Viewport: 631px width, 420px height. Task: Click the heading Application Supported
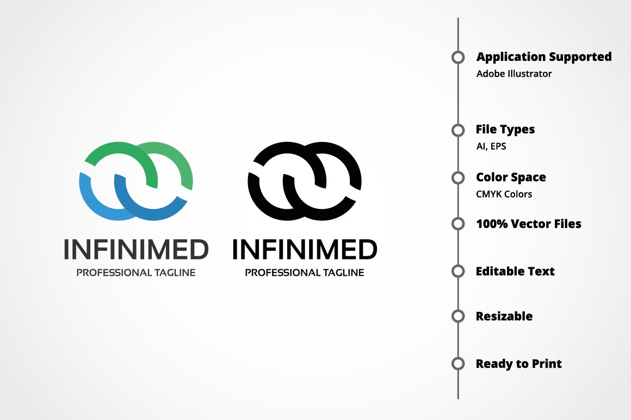click(544, 57)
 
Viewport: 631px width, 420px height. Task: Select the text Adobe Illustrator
click(514, 73)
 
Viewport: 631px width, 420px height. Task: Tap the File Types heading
click(505, 129)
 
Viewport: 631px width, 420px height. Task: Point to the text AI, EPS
click(491, 146)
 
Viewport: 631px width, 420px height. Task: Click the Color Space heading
click(511, 177)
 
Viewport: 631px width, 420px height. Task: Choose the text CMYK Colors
click(504, 194)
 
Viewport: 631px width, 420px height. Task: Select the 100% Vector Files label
click(528, 224)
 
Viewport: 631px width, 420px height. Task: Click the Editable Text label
click(515, 271)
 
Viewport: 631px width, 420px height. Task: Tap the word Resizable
click(504, 316)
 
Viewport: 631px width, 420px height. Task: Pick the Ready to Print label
click(518, 363)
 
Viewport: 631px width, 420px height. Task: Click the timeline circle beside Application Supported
click(458, 57)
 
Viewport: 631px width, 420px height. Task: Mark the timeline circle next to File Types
click(458, 130)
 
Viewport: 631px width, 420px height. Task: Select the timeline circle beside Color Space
click(458, 177)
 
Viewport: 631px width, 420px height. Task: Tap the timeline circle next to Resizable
click(458, 316)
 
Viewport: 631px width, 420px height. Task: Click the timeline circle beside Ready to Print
click(458, 363)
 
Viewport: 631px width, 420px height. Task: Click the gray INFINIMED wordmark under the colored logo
click(136, 250)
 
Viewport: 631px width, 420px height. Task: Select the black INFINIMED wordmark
click(305, 250)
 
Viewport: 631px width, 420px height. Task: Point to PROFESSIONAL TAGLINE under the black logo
click(305, 273)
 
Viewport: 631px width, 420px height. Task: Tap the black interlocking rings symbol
click(305, 181)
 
